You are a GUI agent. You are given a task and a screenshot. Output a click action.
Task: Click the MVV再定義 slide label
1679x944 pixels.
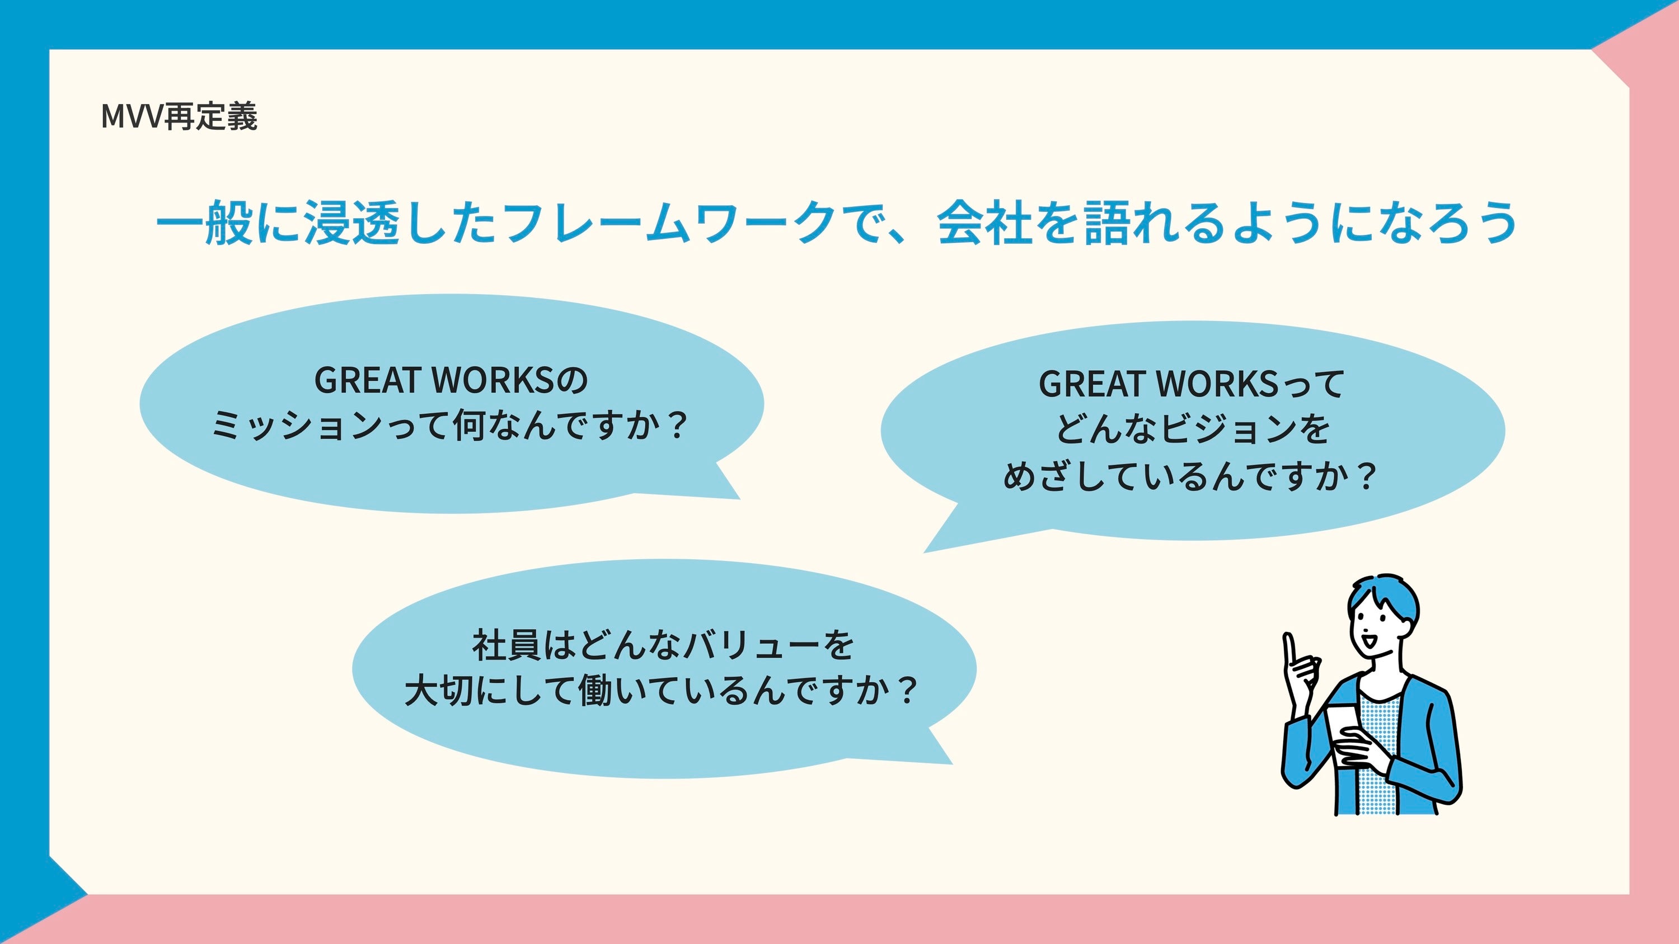179,117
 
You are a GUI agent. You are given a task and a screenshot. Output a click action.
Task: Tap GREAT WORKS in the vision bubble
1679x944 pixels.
1158,384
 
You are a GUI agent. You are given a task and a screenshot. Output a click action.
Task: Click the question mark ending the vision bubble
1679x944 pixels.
1366,476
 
